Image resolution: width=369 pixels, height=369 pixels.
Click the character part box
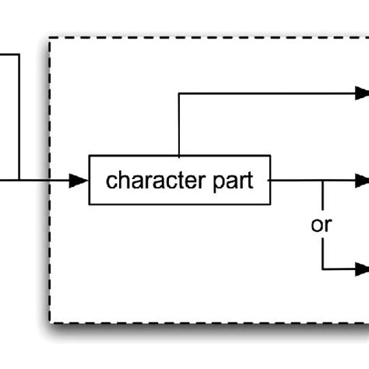(181, 181)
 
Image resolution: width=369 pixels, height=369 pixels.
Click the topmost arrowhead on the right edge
(360, 93)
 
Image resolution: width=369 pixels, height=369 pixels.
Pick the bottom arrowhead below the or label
(360, 269)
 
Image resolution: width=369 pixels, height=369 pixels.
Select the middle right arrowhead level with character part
(360, 181)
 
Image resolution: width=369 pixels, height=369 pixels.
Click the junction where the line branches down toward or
(322, 181)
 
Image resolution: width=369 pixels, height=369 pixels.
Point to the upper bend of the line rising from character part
(180, 93)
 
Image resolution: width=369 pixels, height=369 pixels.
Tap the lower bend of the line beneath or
(322, 269)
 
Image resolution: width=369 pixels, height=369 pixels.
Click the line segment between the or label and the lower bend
(322, 253)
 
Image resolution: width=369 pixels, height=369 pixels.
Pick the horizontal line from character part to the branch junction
(296, 181)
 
